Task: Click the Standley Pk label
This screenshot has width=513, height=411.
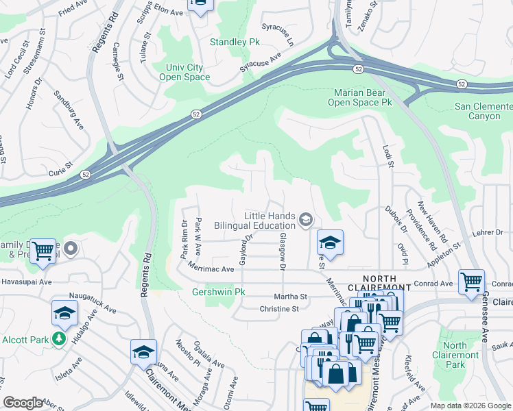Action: click(236, 42)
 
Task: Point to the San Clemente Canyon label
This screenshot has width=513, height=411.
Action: click(484, 111)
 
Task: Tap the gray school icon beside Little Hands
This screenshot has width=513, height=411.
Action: click(306, 220)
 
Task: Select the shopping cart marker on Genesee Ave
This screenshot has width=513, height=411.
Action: click(472, 281)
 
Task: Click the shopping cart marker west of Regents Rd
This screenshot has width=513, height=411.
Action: click(43, 251)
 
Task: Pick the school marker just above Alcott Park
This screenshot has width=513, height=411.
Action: click(64, 312)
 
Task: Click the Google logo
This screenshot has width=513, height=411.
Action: click(23, 403)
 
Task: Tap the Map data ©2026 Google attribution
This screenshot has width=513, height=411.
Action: click(470, 406)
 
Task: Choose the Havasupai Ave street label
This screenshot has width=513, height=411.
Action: click(26, 282)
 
